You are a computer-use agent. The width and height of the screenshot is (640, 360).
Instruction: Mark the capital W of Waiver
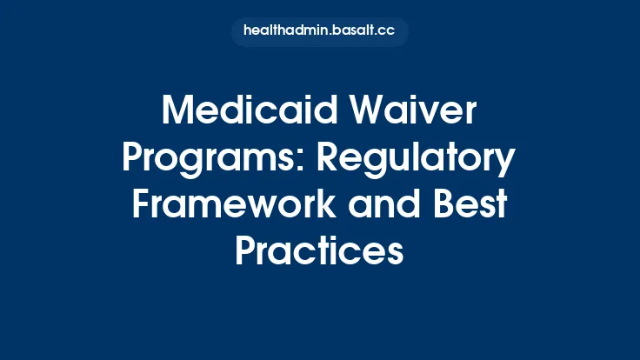click(x=363, y=113)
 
